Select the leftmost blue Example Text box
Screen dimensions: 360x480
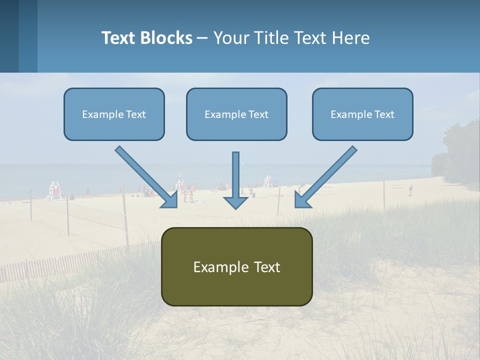click(x=114, y=114)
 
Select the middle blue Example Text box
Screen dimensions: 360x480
click(x=236, y=114)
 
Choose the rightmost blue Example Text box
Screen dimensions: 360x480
click(x=362, y=114)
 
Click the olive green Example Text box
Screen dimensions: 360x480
click(x=236, y=266)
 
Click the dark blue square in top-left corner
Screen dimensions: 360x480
click(x=9, y=36)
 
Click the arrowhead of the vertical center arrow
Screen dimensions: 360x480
click(x=235, y=202)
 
